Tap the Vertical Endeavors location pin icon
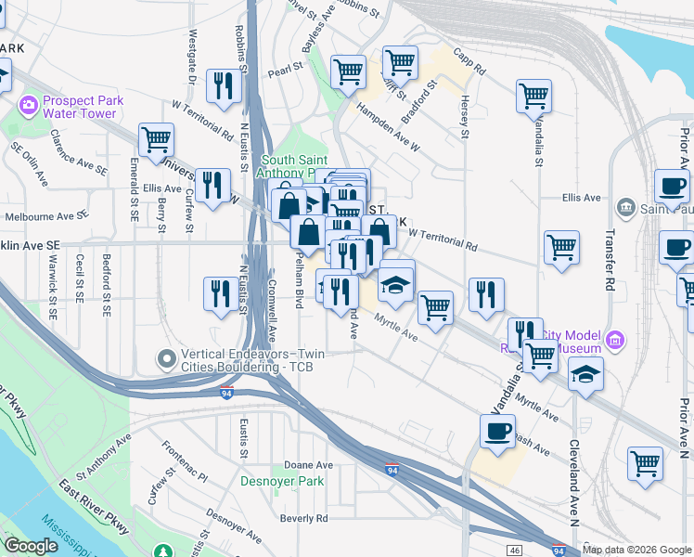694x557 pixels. [x=167, y=357]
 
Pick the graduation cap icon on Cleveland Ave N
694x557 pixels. [x=585, y=374]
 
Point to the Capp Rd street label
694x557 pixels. [x=469, y=62]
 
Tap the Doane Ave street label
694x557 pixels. [x=308, y=464]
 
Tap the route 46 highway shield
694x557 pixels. [x=516, y=551]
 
